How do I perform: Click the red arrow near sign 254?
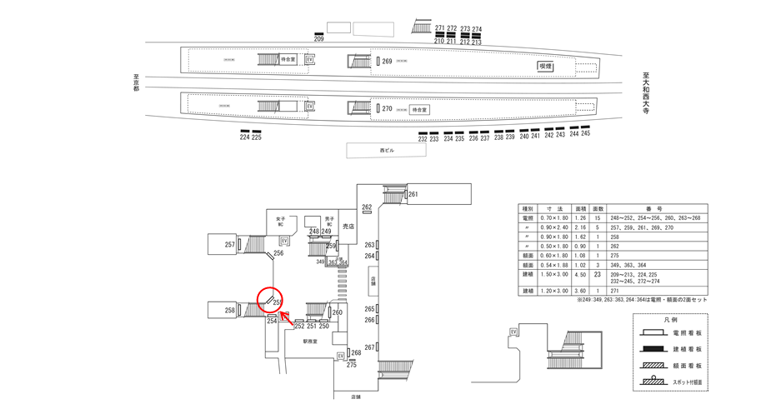284,316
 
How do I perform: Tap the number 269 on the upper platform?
387,62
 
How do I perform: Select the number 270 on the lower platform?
387,109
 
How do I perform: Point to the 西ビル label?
386,151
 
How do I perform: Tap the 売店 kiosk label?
349,225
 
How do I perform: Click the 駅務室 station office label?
311,341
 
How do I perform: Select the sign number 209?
318,39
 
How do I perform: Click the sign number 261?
413,195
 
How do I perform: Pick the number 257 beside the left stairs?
229,244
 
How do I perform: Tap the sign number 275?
352,365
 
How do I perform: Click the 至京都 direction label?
135,82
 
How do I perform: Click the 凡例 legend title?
670,320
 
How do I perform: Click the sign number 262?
366,207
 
